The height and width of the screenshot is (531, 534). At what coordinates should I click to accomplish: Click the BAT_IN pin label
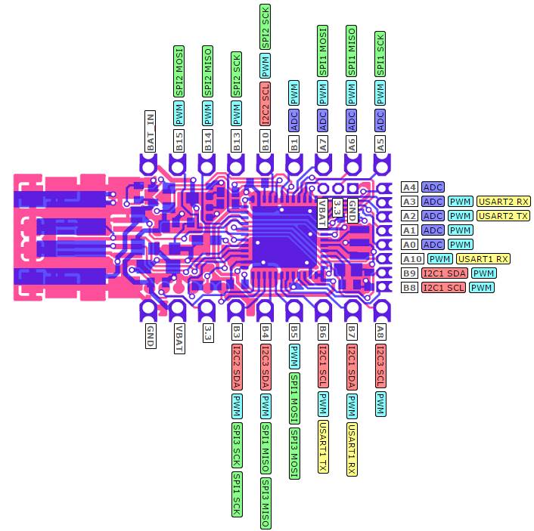tap(150, 131)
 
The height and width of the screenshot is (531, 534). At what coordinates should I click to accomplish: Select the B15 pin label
tap(179, 142)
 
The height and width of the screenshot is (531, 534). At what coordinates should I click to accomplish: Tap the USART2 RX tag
tap(503, 202)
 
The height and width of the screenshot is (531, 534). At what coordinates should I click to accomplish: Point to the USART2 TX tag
tap(503, 216)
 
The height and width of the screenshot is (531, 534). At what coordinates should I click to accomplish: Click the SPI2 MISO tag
tap(208, 74)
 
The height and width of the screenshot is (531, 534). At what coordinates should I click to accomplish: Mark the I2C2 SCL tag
tap(265, 104)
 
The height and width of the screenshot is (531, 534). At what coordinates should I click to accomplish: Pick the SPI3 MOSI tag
tap(294, 454)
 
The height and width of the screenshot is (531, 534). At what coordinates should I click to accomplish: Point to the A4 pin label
tap(409, 187)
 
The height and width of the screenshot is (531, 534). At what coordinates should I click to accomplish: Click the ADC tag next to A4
tap(433, 187)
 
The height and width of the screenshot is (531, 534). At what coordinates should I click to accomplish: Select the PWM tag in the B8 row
tap(482, 288)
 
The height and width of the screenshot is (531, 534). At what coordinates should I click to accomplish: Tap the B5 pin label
tap(294, 331)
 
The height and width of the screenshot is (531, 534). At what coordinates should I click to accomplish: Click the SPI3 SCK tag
tap(237, 444)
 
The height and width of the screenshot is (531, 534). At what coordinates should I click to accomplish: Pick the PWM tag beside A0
tap(460, 245)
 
